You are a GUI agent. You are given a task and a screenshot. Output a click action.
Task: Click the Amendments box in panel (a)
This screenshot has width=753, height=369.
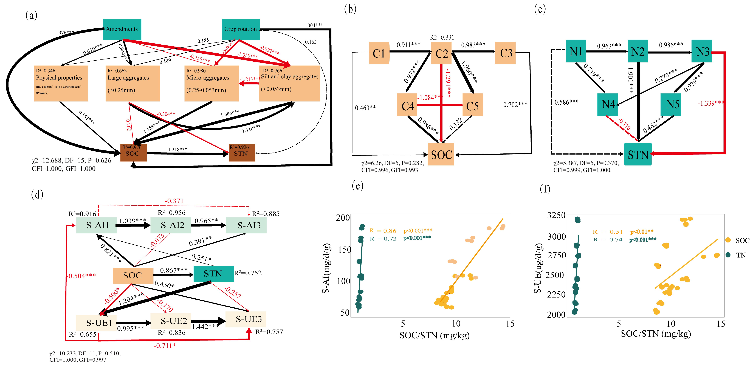pyautogui.click(x=122, y=29)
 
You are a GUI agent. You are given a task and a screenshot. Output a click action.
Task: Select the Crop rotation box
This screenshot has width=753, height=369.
pyautogui.click(x=240, y=29)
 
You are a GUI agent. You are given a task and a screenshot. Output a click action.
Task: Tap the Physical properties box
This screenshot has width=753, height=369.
pyautogui.click(x=61, y=83)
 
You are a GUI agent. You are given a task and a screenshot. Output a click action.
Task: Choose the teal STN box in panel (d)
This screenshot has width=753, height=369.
pyautogui.click(x=213, y=273)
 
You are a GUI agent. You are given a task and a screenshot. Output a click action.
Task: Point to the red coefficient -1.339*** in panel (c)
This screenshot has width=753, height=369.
pyautogui.click(x=710, y=103)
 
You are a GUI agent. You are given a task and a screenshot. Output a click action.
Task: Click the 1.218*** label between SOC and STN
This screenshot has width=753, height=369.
pyautogui.click(x=177, y=150)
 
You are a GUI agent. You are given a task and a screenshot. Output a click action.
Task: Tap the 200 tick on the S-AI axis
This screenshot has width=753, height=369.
pyautogui.click(x=343, y=218)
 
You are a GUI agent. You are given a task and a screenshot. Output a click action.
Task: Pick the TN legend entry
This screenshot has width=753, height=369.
pyautogui.click(x=740, y=255)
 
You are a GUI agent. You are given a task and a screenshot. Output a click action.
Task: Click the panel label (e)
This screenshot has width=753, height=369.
pyautogui.click(x=357, y=185)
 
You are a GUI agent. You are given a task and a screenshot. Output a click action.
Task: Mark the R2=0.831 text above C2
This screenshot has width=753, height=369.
pyautogui.click(x=442, y=37)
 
